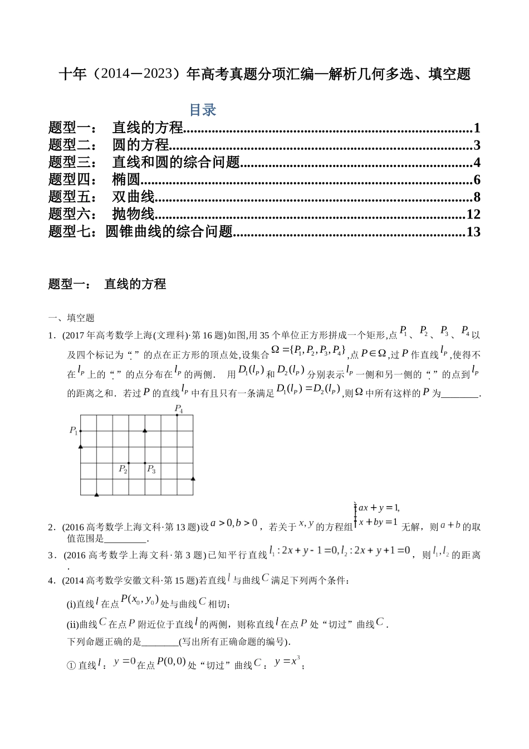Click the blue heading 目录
(203, 110)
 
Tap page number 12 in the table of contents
(473, 215)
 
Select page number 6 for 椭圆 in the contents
(476, 180)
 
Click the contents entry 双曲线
(133, 197)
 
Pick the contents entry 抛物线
(133, 215)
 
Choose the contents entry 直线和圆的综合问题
(176, 163)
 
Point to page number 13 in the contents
(473, 232)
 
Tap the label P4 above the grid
(179, 408)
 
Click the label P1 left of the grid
(74, 430)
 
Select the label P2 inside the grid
(123, 469)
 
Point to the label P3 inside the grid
(151, 469)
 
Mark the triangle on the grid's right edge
(193, 478)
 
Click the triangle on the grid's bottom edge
(97, 494)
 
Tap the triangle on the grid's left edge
(81, 446)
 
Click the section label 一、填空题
(71, 318)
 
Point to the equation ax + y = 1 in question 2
(379, 508)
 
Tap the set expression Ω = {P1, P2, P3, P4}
(308, 351)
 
